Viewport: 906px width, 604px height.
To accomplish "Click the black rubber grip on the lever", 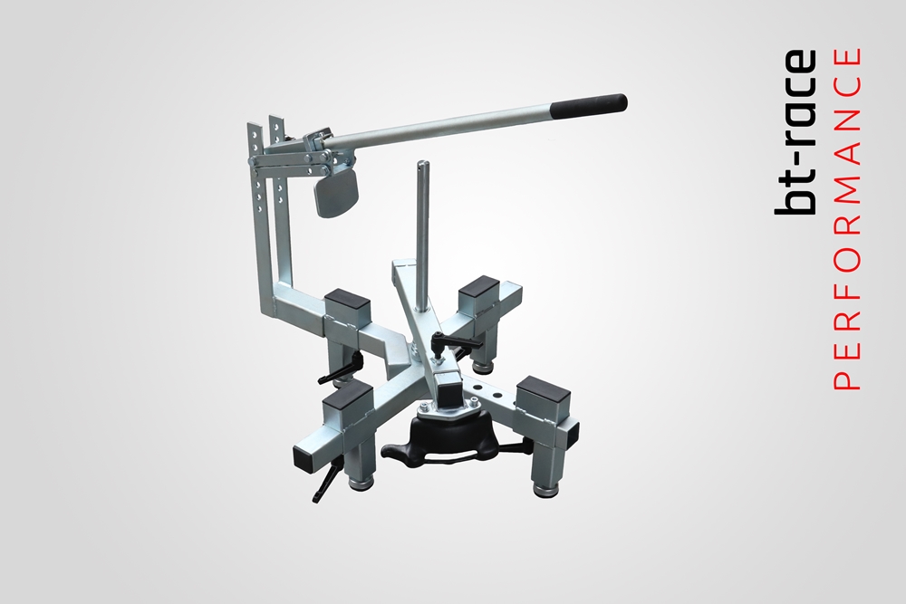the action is [590, 103].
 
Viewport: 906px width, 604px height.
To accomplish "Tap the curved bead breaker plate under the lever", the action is [336, 196].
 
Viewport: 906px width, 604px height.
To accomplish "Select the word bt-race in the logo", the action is [795, 132].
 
